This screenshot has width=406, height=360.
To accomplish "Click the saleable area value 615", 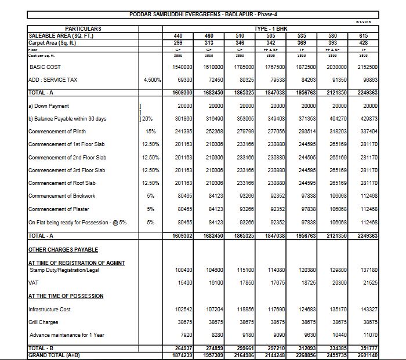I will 365,35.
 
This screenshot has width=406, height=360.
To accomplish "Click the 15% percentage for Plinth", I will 150,132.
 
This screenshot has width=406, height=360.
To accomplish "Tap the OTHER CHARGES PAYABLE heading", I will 63,249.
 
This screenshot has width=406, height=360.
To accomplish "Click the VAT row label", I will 32,282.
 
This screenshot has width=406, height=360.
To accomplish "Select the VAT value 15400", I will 183,282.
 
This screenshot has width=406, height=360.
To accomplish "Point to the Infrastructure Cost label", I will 50,310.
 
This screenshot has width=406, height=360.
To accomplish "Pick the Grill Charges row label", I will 43,322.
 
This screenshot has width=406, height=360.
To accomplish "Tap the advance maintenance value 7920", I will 185,334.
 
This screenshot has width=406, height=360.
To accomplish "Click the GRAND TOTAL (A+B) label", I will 55,354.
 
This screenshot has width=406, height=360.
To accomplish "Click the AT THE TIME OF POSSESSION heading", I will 66,296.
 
